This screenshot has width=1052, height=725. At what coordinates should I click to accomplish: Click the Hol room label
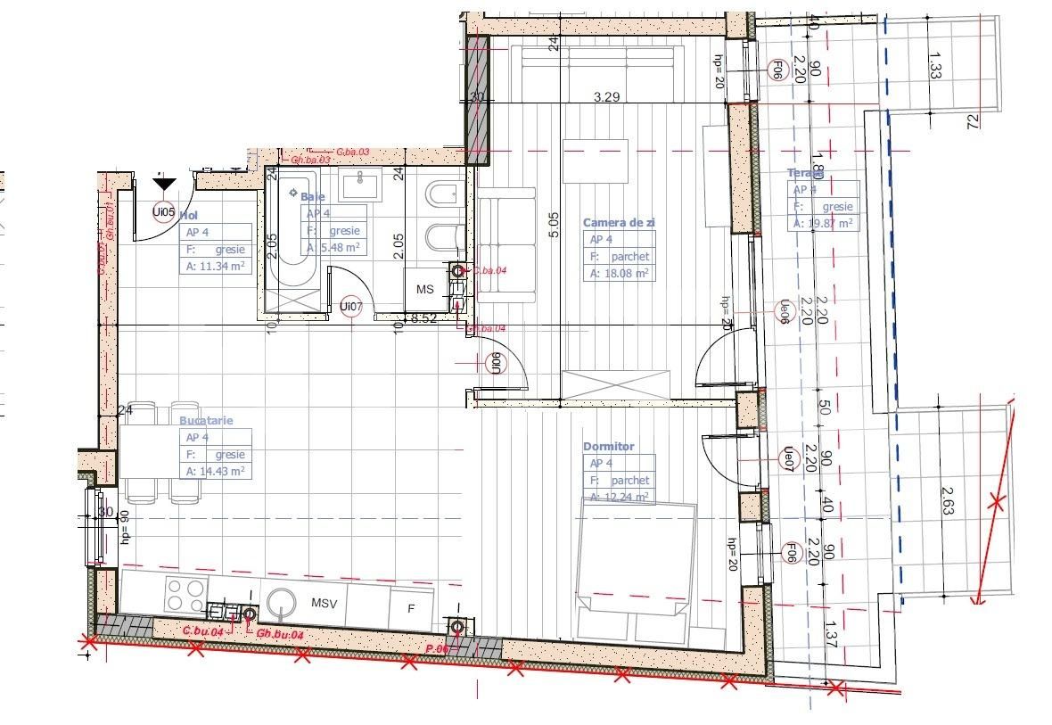[x=188, y=215]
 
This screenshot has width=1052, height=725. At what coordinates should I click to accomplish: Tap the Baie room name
[x=312, y=196]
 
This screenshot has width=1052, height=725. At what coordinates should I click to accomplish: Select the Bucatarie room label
[x=206, y=419]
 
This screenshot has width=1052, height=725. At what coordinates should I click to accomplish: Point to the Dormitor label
[x=609, y=446]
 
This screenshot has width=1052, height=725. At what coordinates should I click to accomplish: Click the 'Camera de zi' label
[x=618, y=222]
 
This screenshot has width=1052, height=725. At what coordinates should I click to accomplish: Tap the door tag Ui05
[x=162, y=212]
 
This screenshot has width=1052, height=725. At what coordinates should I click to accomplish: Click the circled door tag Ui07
[x=352, y=307]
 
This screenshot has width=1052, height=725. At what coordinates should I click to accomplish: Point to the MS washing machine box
[x=425, y=290]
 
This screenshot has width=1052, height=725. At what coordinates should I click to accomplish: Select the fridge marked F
[x=411, y=609]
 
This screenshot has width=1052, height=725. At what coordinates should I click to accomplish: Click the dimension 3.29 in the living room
[x=606, y=97]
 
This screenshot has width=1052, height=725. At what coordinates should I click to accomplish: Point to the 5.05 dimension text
[x=554, y=223]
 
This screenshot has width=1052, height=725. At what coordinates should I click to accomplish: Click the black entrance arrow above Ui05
[x=161, y=184]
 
